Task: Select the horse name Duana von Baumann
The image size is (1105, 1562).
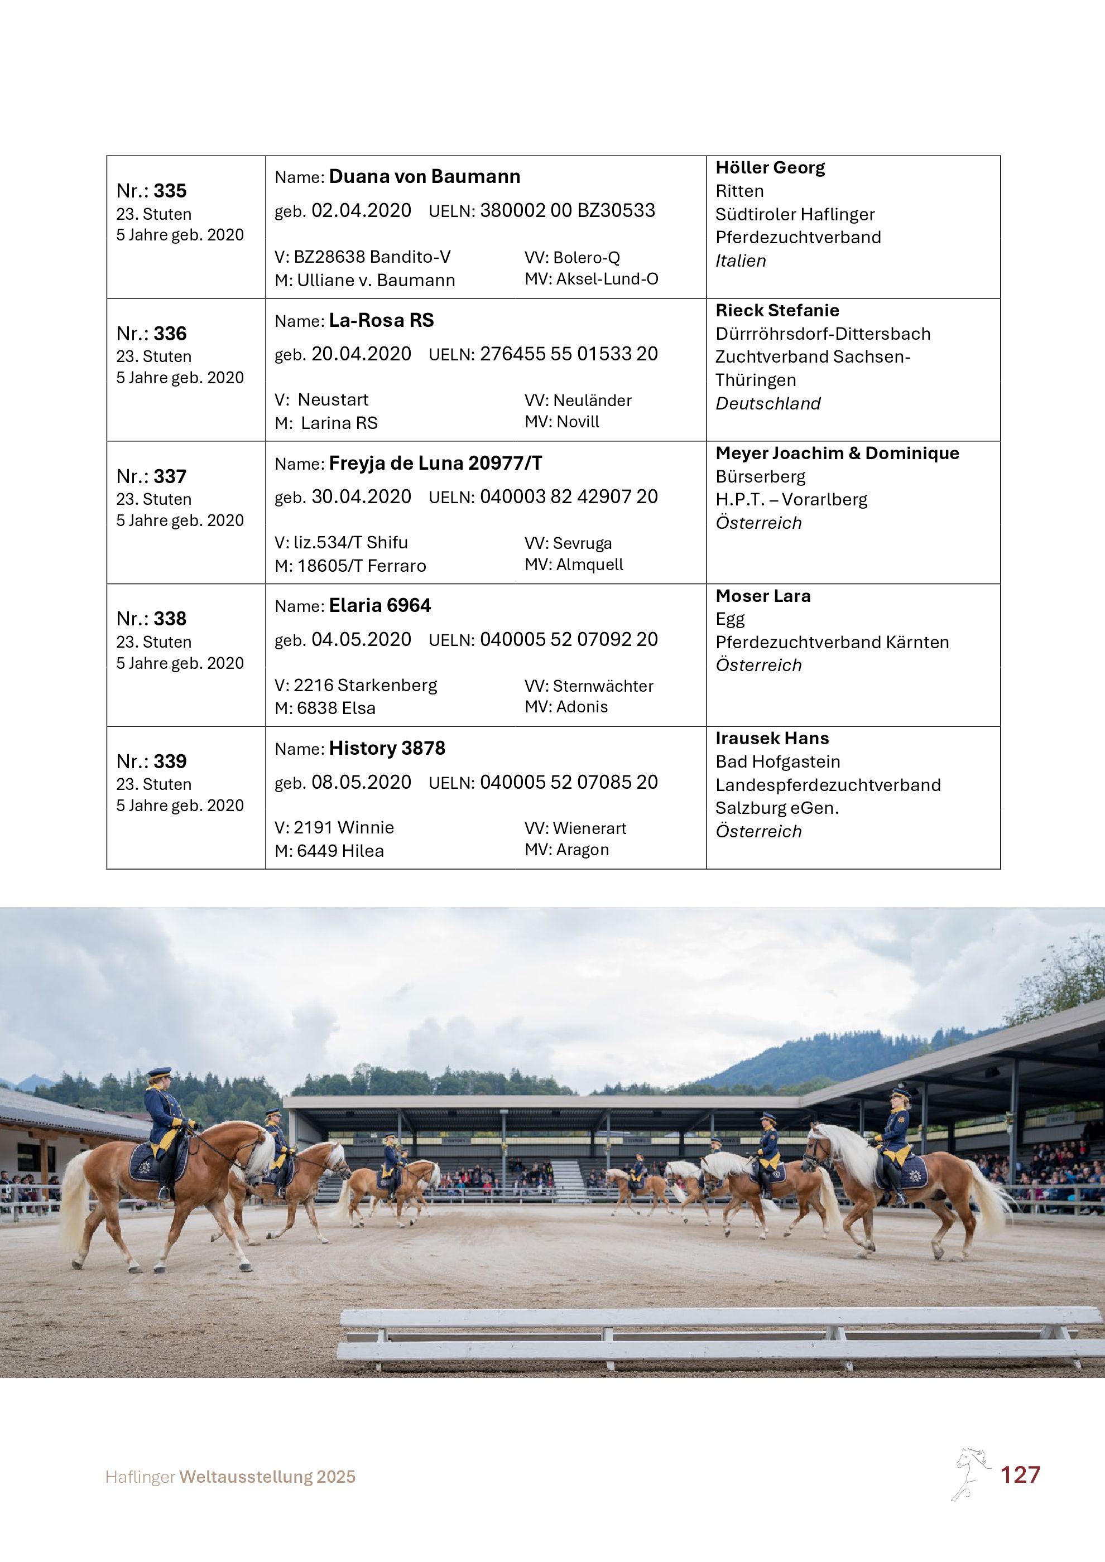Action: coord(424,177)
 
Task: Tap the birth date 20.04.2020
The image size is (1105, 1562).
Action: coord(361,354)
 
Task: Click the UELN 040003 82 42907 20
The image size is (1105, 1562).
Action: coord(568,496)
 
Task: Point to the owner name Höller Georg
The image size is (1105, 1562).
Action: coord(770,167)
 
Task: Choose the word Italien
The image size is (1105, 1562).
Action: coord(741,261)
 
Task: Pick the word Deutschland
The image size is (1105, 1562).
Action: coord(767,403)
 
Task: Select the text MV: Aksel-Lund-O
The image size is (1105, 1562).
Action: coord(590,279)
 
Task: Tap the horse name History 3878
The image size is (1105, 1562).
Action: coord(387,748)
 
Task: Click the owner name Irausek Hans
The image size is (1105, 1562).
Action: coord(772,738)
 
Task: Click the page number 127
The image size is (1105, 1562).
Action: coord(1019,1475)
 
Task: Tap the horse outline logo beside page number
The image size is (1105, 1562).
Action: coord(971,1473)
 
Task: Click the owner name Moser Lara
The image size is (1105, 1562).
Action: coord(762,596)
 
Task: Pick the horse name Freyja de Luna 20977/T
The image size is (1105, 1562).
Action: coord(435,463)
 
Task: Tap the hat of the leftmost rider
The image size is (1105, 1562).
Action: coord(159,1073)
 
